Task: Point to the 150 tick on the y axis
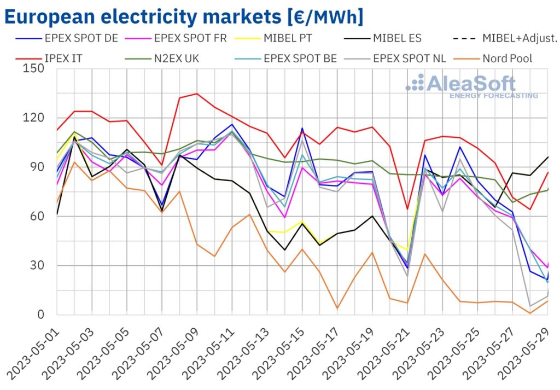[34, 69]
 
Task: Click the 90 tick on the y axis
[37, 167]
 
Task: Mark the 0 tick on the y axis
[41, 315]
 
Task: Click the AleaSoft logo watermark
[470, 85]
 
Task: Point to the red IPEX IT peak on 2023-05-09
[197, 94]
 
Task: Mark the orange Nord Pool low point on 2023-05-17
[337, 308]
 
